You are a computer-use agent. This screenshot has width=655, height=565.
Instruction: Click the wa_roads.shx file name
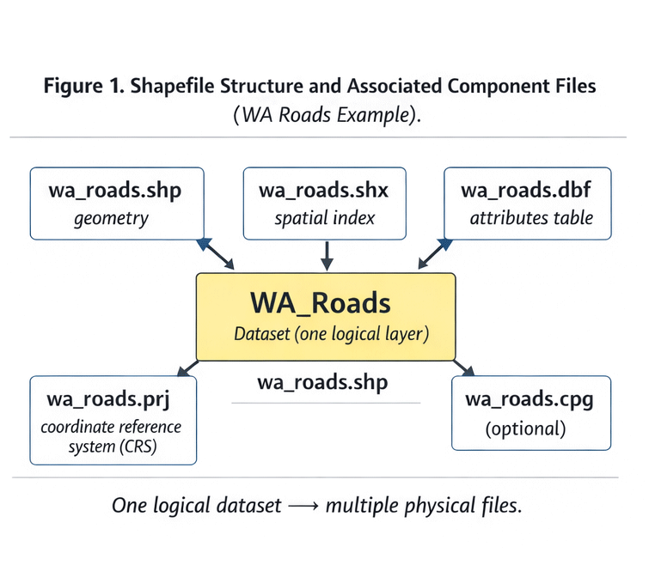[325, 191]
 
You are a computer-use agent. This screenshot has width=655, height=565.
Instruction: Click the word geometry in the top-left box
[111, 218]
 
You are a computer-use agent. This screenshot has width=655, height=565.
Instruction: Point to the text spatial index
[325, 218]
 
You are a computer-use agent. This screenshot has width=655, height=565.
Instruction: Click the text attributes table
[531, 218]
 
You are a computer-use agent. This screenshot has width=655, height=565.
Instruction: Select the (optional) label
[526, 428]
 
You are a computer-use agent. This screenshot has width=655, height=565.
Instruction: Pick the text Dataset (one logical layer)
[331, 334]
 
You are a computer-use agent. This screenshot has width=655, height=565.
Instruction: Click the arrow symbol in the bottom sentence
[303, 507]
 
